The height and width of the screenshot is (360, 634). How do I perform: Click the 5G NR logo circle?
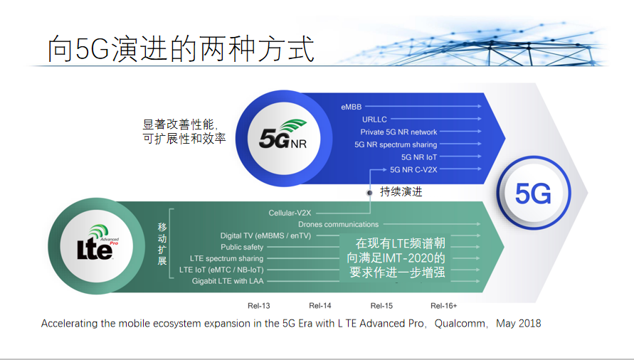tap(284, 138)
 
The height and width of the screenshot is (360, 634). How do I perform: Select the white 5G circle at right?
tap(534, 193)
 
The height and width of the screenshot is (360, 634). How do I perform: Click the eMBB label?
tap(351, 107)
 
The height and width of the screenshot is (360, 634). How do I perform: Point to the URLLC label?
tap(374, 120)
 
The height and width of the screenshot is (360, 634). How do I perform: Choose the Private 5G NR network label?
tap(398, 132)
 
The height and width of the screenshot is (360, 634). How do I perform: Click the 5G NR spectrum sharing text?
tap(396, 144)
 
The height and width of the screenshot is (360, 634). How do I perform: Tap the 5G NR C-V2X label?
tap(413, 169)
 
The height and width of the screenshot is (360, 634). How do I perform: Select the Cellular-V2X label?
tap(290, 213)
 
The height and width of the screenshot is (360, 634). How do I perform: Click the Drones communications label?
tap(339, 224)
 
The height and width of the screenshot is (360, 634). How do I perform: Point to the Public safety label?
tap(242, 247)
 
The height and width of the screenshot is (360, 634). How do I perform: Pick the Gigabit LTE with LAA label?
tap(228, 281)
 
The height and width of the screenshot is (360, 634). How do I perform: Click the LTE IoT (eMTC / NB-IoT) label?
tap(221, 270)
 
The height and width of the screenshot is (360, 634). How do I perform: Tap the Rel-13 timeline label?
tap(259, 306)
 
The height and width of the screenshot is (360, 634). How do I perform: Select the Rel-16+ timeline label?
tap(443, 306)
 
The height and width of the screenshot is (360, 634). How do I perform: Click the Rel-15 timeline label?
tap(381, 306)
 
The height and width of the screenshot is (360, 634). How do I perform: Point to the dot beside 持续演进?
tap(369, 193)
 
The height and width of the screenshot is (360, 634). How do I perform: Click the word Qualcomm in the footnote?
tap(460, 324)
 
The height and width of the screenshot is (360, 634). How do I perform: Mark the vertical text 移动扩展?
tap(162, 243)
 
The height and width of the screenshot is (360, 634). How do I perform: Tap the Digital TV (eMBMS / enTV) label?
tap(265, 235)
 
